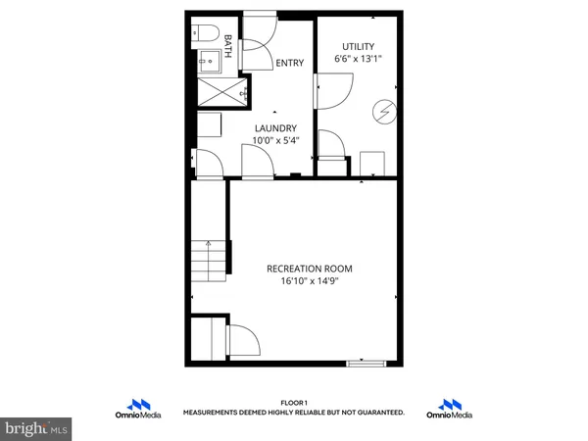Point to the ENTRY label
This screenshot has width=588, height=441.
pyautogui.click(x=289, y=64)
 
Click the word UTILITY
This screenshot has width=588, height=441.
pyautogui.click(x=358, y=46)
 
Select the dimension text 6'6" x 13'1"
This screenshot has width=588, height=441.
pyautogui.click(x=358, y=60)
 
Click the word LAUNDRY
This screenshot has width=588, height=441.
pyautogui.click(x=276, y=128)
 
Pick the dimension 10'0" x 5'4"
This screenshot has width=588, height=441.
pyautogui.click(x=276, y=141)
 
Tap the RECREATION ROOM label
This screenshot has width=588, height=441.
pyautogui.click(x=310, y=268)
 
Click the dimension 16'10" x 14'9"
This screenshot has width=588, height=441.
pyautogui.click(x=310, y=281)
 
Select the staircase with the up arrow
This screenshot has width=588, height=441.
pyautogui.click(x=209, y=260)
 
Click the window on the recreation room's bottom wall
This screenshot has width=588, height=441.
pyautogui.click(x=367, y=365)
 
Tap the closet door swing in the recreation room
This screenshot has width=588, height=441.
pyautogui.click(x=243, y=339)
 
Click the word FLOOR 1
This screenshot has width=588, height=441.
pyautogui.click(x=294, y=403)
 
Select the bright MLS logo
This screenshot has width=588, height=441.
pyautogui.click(x=36, y=428)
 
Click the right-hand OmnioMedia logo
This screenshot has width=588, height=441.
pyautogui.click(x=451, y=409)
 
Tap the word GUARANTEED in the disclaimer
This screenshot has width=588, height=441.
pyautogui.click(x=378, y=414)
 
